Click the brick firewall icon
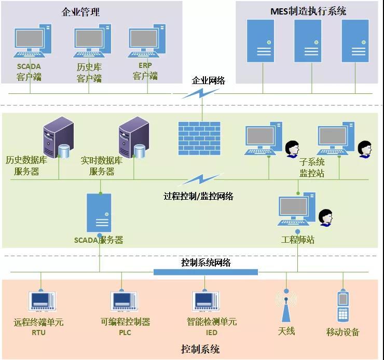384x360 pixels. point(199,139)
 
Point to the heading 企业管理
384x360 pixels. point(80,11)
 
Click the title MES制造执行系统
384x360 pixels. point(308,11)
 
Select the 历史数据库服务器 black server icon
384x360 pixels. point(57,137)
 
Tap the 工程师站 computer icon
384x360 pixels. point(296,210)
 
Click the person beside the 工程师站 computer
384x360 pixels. point(326,217)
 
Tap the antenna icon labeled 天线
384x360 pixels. point(285,306)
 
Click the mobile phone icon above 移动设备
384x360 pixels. point(342,306)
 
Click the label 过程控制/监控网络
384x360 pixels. point(198,196)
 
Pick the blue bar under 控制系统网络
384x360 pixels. point(205,272)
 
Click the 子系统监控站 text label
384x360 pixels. point(312,167)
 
